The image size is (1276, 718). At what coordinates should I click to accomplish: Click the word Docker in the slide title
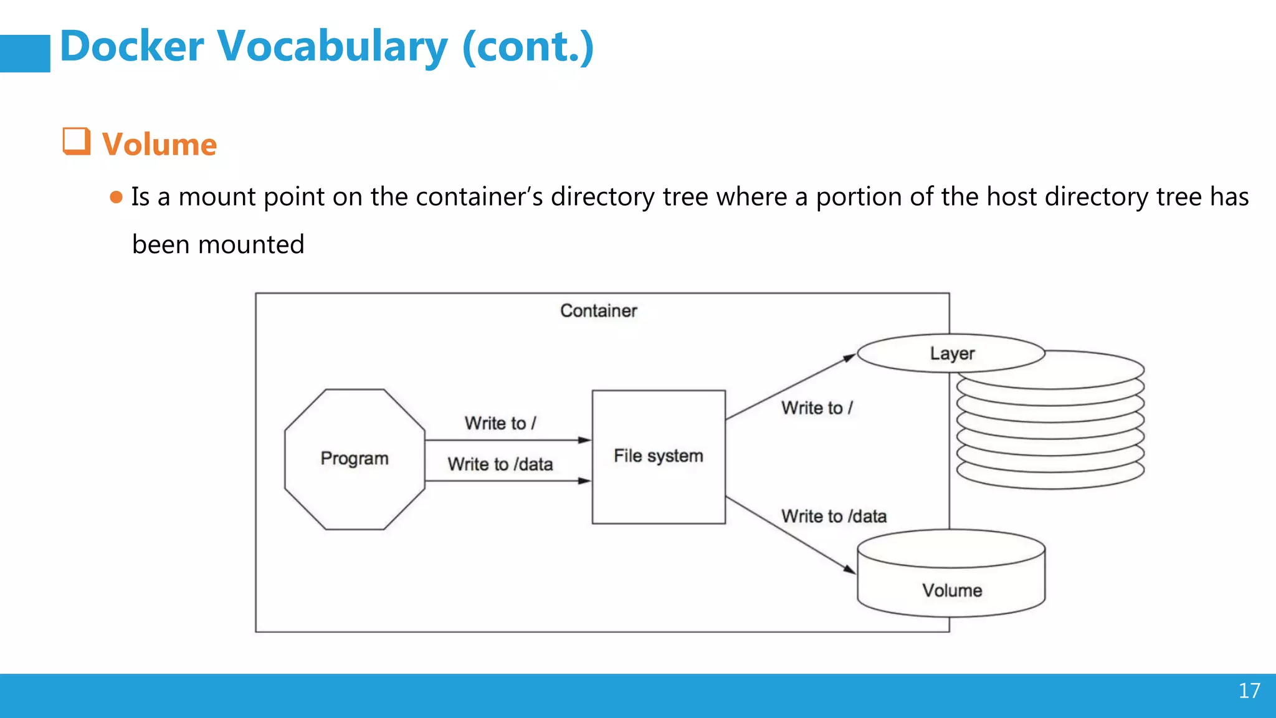pyautogui.click(x=131, y=47)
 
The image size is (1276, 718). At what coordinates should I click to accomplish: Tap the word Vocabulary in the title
pyautogui.click(x=332, y=47)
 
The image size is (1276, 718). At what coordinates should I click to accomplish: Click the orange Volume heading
pyautogui.click(x=159, y=145)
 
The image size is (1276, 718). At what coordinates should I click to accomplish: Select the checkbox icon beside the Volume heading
pyautogui.click(x=76, y=141)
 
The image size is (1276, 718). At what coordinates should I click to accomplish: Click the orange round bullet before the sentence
pyautogui.click(x=116, y=198)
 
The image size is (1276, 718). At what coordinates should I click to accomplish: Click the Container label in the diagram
pyautogui.click(x=598, y=310)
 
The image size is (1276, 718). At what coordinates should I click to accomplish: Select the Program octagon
pyautogui.click(x=355, y=459)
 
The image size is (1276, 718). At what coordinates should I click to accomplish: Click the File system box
pyautogui.click(x=659, y=456)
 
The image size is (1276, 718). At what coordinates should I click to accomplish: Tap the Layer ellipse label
pyautogui.click(x=951, y=353)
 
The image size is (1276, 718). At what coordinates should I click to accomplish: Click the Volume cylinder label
pyautogui.click(x=951, y=590)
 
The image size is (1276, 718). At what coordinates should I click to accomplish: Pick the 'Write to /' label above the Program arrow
pyautogui.click(x=500, y=423)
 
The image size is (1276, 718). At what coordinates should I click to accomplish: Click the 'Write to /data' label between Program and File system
pyautogui.click(x=500, y=464)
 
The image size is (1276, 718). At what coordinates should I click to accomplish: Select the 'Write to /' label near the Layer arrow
pyautogui.click(x=817, y=408)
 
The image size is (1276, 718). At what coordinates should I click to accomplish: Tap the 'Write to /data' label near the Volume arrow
pyautogui.click(x=834, y=516)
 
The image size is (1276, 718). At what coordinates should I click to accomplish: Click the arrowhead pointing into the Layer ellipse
pyautogui.click(x=849, y=358)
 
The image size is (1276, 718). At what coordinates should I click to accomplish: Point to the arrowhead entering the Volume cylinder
pyautogui.click(x=850, y=569)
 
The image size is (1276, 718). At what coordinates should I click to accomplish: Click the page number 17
pyautogui.click(x=1249, y=691)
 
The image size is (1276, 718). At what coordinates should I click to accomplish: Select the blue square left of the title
pyautogui.click(x=25, y=54)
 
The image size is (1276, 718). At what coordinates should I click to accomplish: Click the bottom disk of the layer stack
pyautogui.click(x=1050, y=477)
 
